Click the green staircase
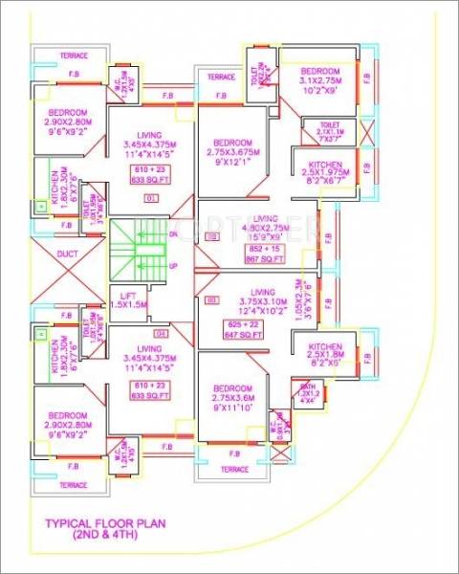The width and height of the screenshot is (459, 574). [x=134, y=249]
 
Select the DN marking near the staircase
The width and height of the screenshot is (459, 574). [x=173, y=234]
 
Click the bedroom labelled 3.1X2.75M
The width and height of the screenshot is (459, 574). [x=320, y=84]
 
